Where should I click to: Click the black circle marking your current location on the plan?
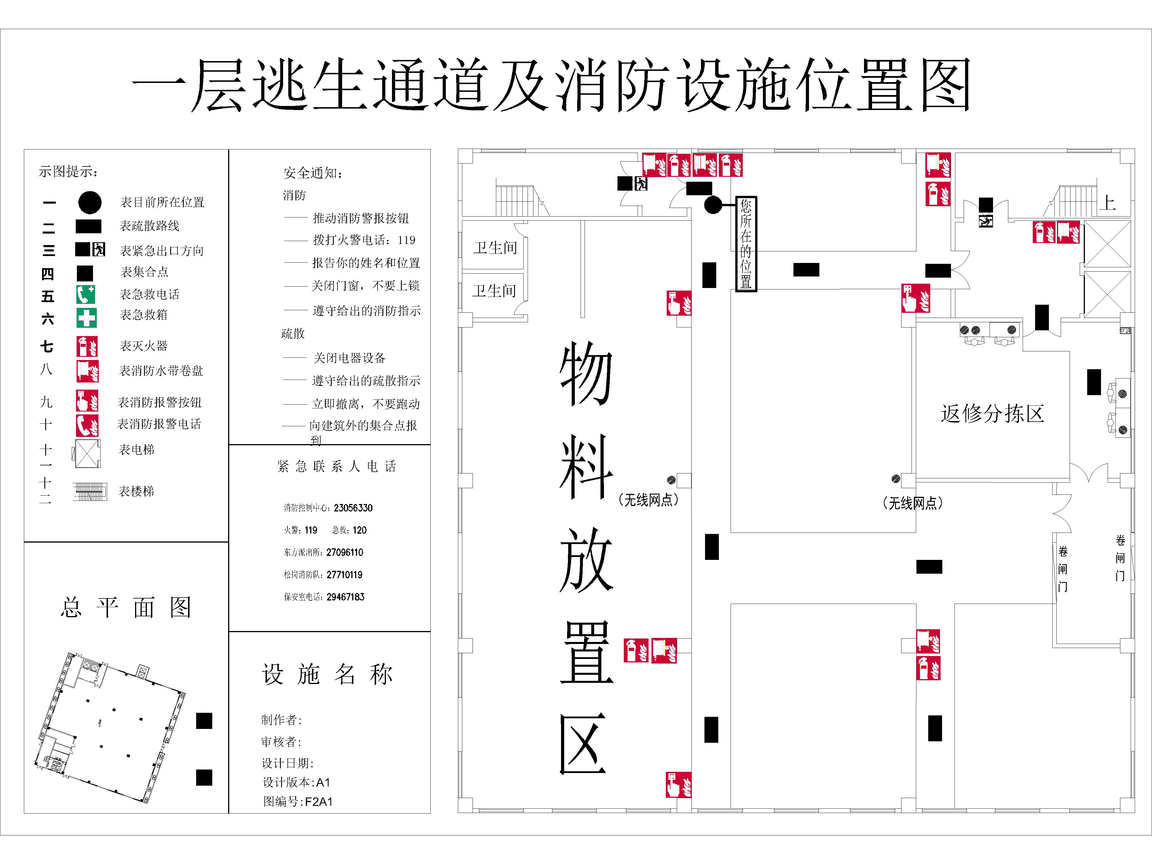[713, 205]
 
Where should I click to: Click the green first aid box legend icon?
[86, 317]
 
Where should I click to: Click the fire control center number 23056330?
[353, 508]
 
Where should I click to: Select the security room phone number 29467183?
[345, 597]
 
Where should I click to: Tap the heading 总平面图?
[126, 607]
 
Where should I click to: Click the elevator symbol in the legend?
[87, 454]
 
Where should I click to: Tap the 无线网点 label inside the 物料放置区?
[648, 500]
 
